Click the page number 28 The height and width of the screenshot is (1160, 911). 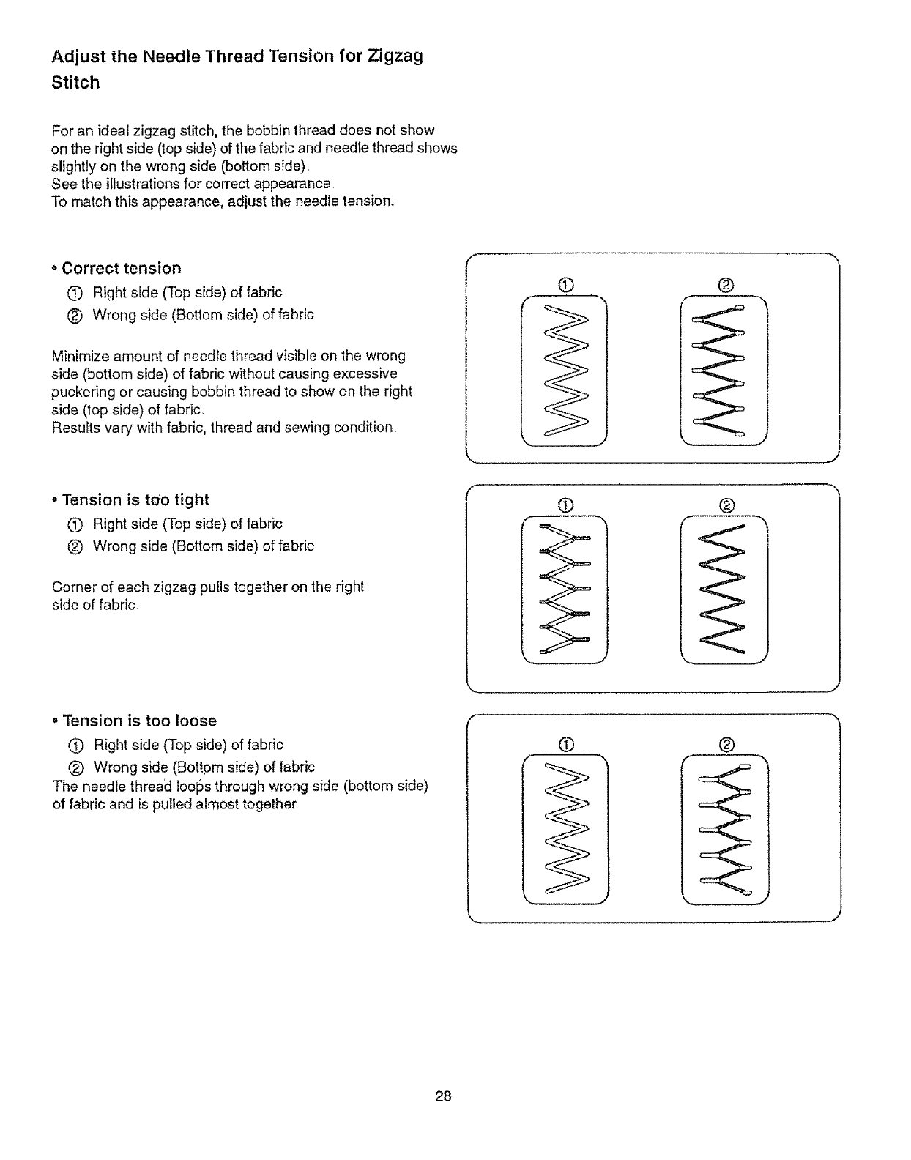443,1096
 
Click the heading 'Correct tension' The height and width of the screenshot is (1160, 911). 121,268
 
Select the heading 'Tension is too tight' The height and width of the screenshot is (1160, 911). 135,499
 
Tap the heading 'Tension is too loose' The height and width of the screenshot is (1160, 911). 139,721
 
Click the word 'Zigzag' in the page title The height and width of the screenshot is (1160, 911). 395,56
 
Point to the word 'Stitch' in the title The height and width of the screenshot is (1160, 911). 75,83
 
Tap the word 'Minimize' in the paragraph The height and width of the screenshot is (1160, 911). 78,357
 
